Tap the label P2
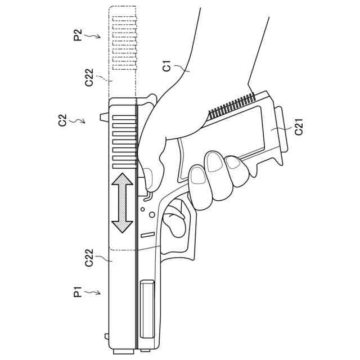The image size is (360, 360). point(79,35)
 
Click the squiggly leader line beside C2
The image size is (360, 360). point(79,120)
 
